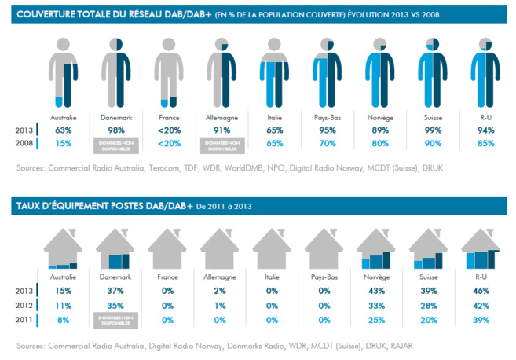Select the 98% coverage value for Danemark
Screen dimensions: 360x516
click(116, 130)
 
